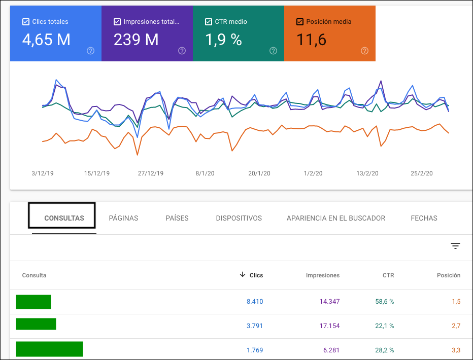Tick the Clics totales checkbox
click(26, 22)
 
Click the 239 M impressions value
click(136, 40)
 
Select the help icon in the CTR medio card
click(273, 51)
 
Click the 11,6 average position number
click(311, 40)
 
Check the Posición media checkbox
click(300, 22)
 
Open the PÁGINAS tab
click(123, 218)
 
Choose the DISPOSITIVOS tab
click(239, 218)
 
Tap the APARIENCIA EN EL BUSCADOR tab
click(335, 218)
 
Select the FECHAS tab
click(424, 218)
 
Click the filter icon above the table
click(455, 246)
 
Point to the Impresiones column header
click(323, 275)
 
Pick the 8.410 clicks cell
click(255, 302)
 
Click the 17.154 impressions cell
click(329, 326)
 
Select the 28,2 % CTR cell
click(384, 349)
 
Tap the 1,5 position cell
click(455, 302)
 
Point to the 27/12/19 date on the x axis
click(151, 173)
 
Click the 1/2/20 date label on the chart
click(313, 173)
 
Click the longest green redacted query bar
click(49, 349)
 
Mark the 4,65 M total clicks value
click(46, 40)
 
